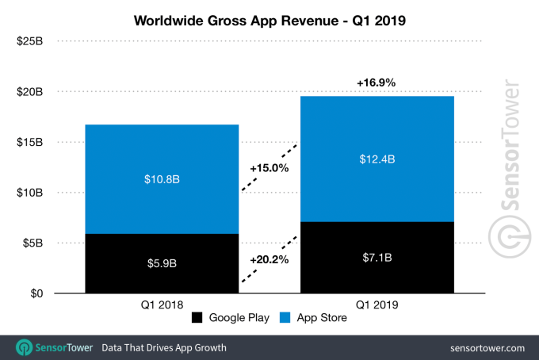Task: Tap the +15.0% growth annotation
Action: click(269, 168)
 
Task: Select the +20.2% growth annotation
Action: click(269, 259)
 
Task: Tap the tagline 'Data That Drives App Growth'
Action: click(163, 347)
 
